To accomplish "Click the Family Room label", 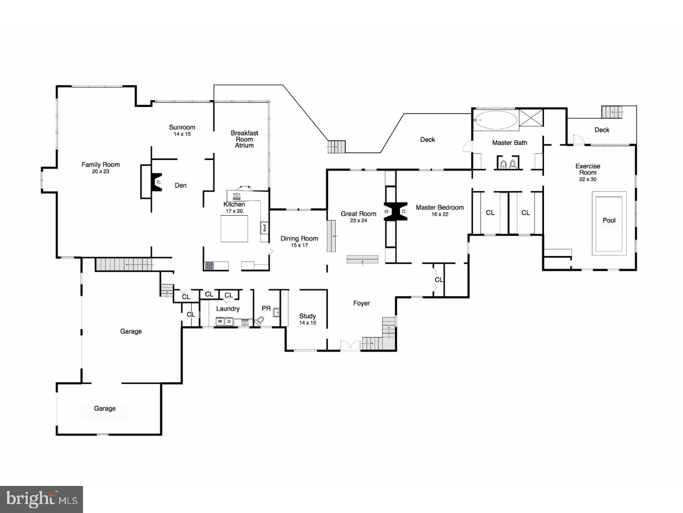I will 101,165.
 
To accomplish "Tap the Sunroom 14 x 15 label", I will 182,130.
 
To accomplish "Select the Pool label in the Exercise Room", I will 609,220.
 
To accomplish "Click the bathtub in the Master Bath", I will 496,120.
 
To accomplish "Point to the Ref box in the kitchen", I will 265,228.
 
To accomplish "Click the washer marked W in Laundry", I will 220,322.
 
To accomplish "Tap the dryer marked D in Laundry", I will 229,322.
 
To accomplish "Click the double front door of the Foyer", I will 351,346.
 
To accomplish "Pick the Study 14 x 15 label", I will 307,319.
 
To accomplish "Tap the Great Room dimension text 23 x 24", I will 359,221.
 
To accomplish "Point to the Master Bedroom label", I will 440,208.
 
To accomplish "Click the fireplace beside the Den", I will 156,181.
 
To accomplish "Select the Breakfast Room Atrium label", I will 244,139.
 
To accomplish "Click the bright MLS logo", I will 42,499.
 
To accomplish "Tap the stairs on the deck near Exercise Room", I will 612,112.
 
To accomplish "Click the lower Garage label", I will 105,408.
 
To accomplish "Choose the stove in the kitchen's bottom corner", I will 209,266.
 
